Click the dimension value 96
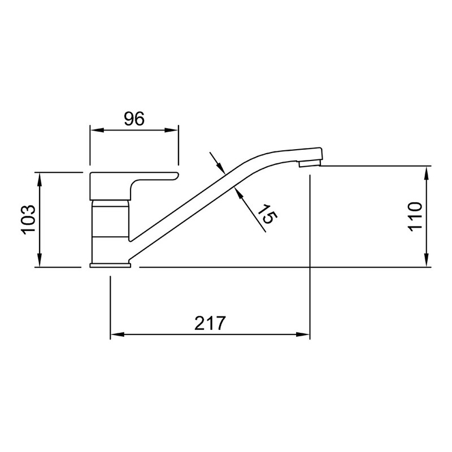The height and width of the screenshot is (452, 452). (134, 119)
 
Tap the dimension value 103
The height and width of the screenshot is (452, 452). (29, 220)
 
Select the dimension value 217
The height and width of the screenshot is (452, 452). (209, 323)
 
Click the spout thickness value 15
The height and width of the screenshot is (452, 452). (267, 214)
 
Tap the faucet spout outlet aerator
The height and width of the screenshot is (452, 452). (310, 164)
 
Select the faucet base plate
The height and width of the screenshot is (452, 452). (110, 265)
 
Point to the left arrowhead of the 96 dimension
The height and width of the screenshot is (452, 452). (97, 131)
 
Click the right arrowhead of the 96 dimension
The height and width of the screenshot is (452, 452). (171, 131)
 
